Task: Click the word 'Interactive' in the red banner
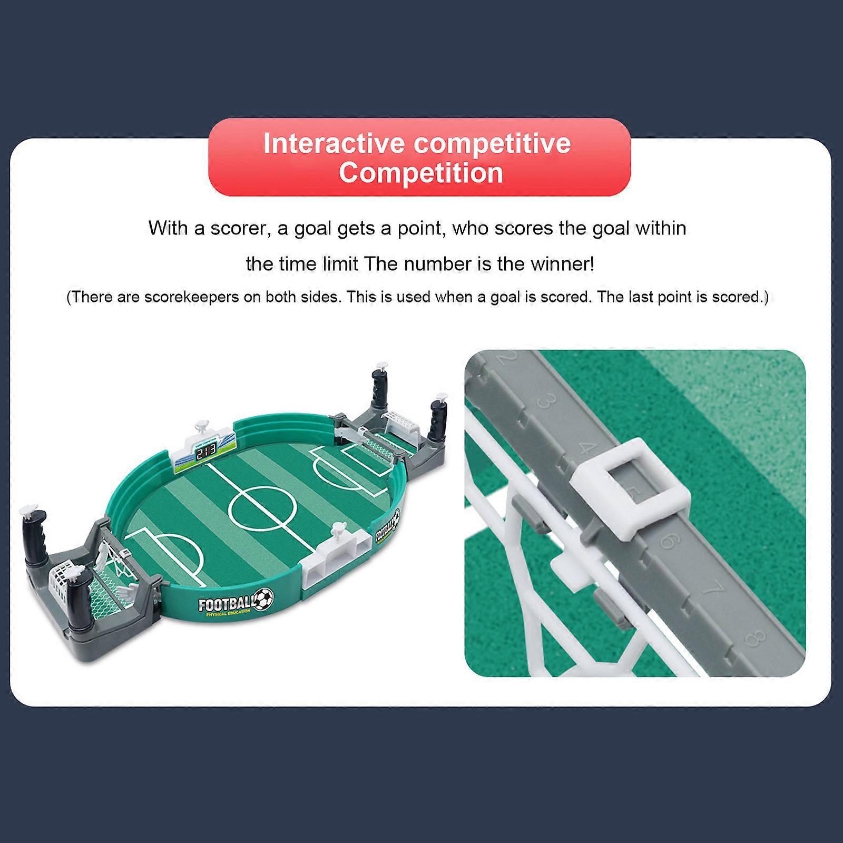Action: click(x=334, y=143)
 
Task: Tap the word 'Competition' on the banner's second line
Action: click(x=420, y=173)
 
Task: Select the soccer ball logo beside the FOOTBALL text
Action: click(x=264, y=597)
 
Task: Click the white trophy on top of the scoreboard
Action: click(x=202, y=426)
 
